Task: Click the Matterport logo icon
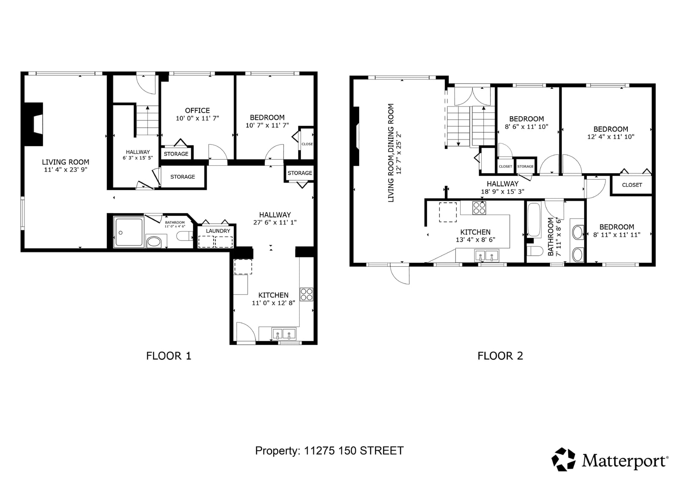pos(564,459)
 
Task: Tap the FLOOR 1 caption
pos(169,356)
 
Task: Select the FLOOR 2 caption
pos(500,356)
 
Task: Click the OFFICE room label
pos(197,110)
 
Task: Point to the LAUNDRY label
pos(218,231)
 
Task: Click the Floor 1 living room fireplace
pos(33,124)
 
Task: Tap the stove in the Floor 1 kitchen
pos(306,295)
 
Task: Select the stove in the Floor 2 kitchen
pos(479,208)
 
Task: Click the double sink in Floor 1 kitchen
pos(284,334)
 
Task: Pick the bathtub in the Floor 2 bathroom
pos(534,220)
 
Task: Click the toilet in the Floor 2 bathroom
pos(535,251)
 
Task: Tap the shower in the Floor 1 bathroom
pos(128,232)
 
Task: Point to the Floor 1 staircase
pos(147,120)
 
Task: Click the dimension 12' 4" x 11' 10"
pos(611,137)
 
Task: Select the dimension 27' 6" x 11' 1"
pos(275,223)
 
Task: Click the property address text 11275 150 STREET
pos(354,451)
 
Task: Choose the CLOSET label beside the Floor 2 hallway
pos(632,185)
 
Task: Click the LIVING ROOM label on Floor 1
pos(65,162)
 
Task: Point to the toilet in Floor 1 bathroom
pos(184,236)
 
